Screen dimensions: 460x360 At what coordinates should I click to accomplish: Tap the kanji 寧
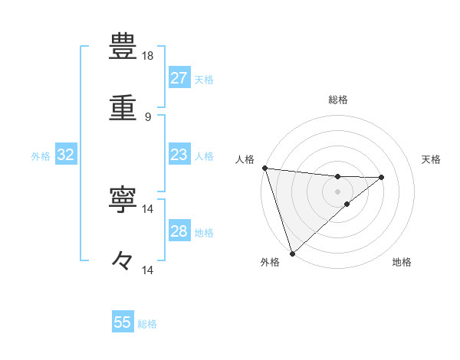[x=123, y=199]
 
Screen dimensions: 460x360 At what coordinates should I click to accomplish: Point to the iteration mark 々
[x=123, y=261]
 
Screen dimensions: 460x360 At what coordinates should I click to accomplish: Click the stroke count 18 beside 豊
[x=148, y=56]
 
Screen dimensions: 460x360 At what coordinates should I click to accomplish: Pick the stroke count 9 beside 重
[x=147, y=117]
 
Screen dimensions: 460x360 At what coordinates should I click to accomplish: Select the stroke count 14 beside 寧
[x=148, y=208]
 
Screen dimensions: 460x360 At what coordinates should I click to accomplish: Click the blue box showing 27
[x=179, y=78]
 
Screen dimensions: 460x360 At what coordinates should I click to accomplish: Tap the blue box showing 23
[x=179, y=155]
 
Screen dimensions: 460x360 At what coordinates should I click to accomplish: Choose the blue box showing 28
[x=179, y=231]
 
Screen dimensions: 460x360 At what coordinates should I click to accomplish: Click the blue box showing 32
[x=65, y=155]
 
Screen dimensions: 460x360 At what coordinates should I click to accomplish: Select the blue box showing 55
[x=123, y=322]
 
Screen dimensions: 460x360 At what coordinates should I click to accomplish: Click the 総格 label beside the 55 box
[x=147, y=324]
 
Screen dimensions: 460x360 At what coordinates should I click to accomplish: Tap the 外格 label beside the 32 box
[x=41, y=156]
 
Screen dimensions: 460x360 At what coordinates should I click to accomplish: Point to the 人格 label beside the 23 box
[x=204, y=156]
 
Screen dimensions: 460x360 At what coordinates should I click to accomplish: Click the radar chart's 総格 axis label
[x=337, y=100]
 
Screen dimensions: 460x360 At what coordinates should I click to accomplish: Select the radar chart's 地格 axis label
[x=402, y=263]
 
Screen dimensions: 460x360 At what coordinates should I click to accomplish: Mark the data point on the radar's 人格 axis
[x=264, y=168]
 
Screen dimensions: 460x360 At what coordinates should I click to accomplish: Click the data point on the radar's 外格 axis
[x=292, y=253]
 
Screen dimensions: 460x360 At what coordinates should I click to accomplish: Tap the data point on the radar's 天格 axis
[x=381, y=178]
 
